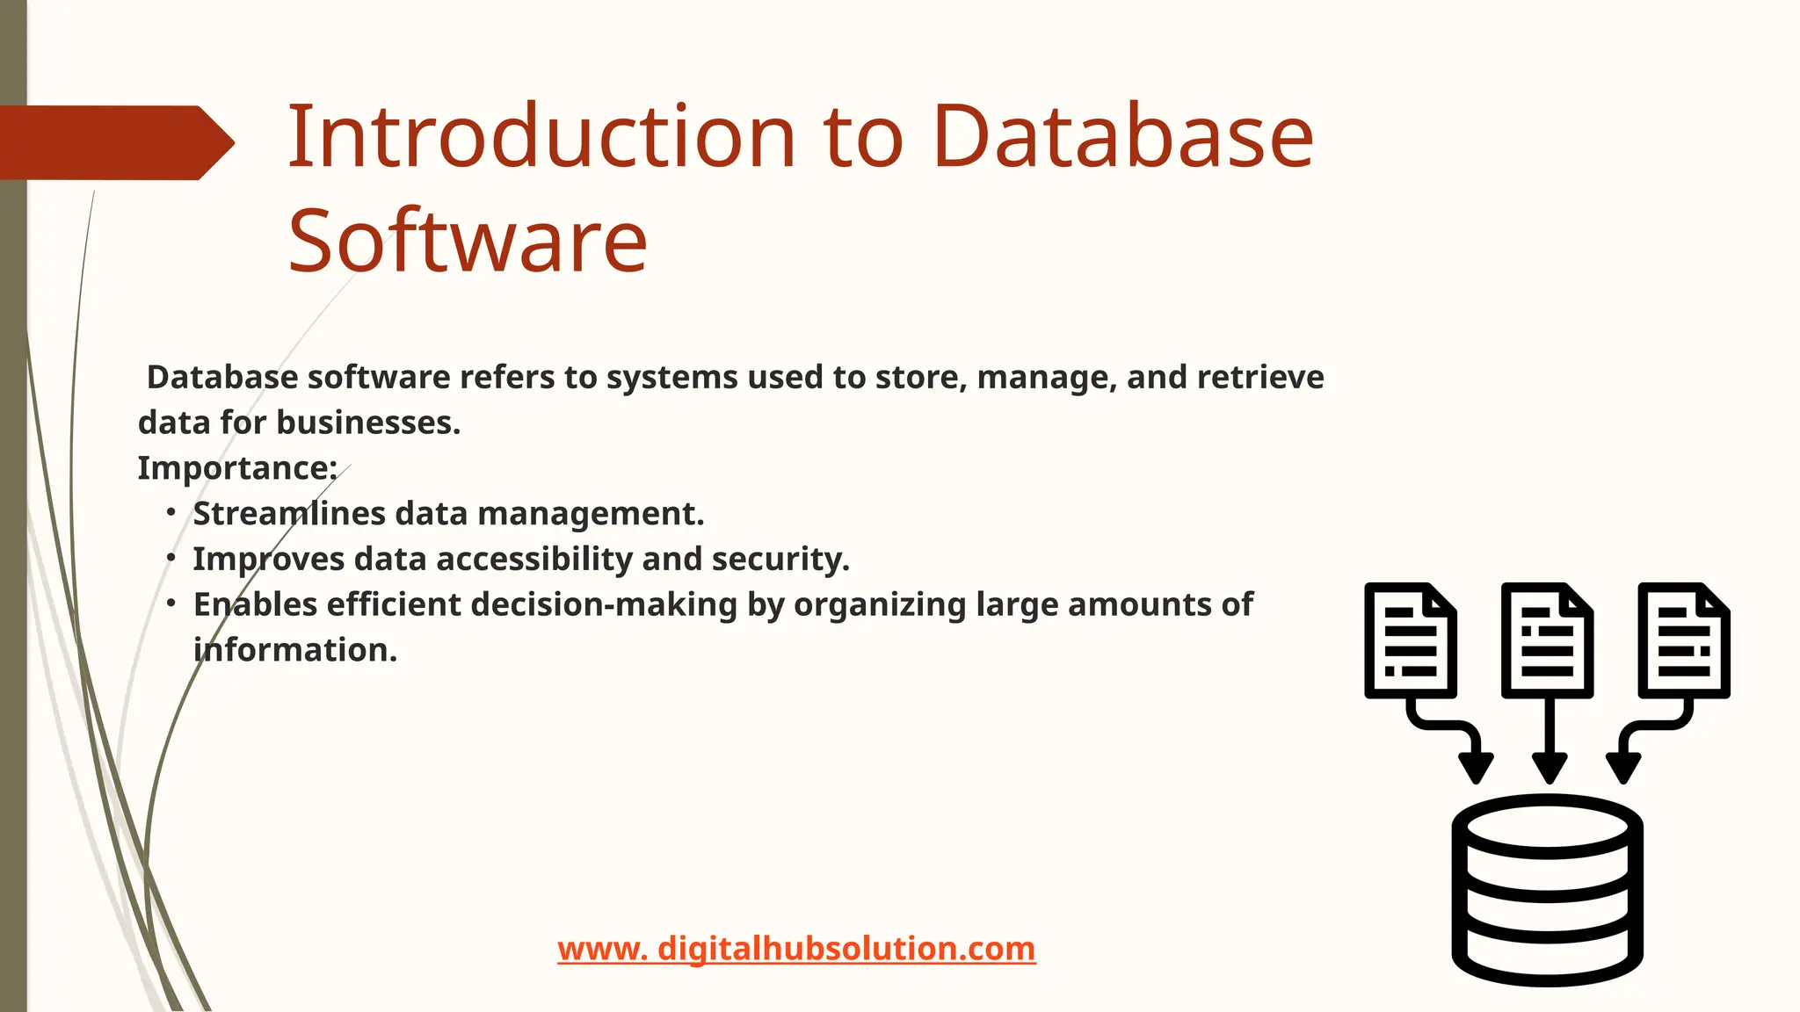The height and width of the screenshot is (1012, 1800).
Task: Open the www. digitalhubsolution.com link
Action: click(796, 949)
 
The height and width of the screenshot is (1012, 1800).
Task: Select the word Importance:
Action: click(237, 468)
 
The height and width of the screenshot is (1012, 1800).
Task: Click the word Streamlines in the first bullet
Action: click(288, 514)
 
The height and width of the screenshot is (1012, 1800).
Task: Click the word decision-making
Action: click(606, 605)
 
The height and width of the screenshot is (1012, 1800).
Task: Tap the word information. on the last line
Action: click(295, 651)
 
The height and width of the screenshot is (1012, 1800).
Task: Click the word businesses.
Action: click(368, 423)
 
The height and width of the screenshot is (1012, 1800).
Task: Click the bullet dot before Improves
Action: click(171, 558)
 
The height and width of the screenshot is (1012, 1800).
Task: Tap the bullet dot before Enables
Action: click(171, 604)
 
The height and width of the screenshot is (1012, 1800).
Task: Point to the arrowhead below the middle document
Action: click(1549, 767)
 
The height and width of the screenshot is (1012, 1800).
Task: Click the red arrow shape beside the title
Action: click(114, 142)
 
